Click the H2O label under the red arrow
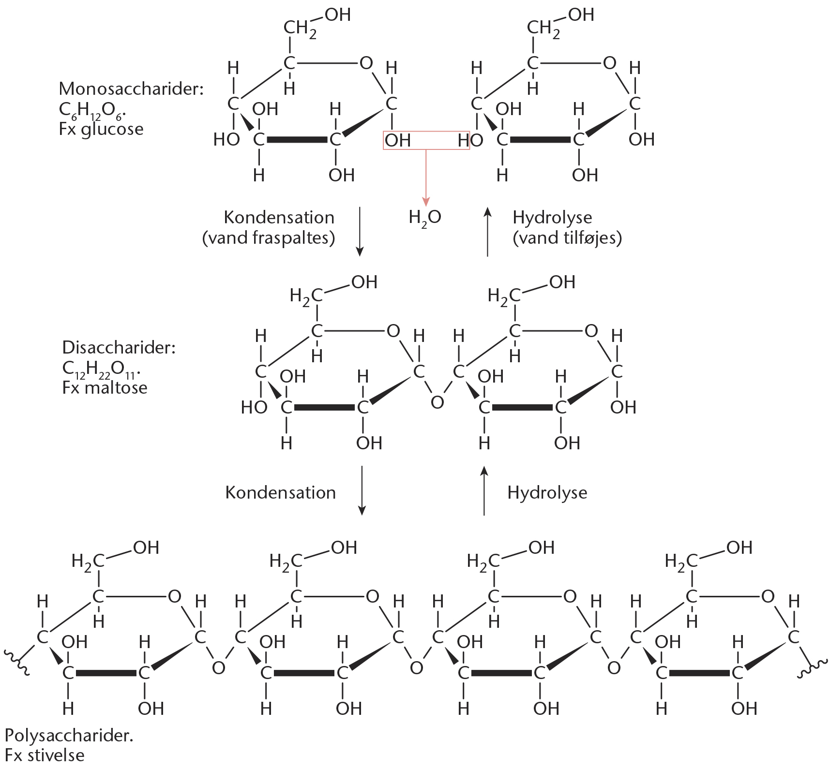point(425,218)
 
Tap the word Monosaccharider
point(131,89)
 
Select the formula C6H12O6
point(92,111)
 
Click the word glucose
point(112,130)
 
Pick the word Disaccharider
point(119,348)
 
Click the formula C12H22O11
point(101,370)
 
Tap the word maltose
point(116,388)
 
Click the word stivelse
point(56,755)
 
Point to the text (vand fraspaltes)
point(269,238)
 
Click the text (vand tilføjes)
point(567,238)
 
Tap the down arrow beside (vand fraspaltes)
point(359,231)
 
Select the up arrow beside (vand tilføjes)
point(487,232)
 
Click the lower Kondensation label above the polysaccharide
point(281,492)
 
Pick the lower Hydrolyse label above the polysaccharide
point(547,492)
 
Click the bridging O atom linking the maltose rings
point(438,402)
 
